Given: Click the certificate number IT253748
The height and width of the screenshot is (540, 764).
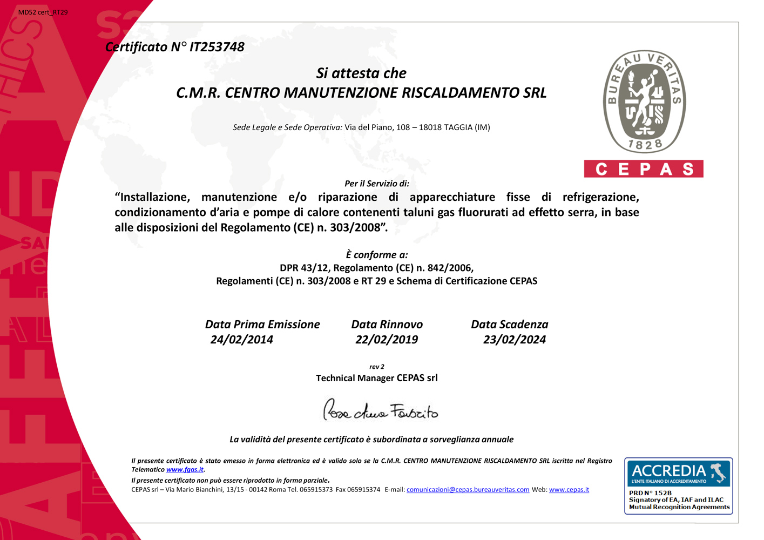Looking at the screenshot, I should pos(217,48).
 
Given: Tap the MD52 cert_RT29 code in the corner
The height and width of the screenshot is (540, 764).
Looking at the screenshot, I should pos(43,12).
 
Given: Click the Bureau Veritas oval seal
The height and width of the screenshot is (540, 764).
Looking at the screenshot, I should pos(644,102).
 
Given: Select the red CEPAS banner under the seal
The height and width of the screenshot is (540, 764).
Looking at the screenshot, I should pos(644,169).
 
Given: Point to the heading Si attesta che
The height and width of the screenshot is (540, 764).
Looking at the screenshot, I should pos(361,73).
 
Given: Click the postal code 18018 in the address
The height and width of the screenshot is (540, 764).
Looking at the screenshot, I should pos(430,127).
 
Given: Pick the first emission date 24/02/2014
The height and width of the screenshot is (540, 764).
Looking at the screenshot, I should pos(241,340).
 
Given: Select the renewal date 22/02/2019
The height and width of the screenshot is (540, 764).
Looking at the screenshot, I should pos(387,340).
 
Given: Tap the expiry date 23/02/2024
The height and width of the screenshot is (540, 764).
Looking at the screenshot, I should pos(514,340).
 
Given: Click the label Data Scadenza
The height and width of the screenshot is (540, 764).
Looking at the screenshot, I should pos(509,325).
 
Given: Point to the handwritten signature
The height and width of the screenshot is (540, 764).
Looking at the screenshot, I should pos(381,411).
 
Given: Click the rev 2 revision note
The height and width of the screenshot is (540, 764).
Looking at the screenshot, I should pos(377,367).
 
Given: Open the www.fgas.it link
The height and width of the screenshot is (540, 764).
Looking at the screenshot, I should pos(185,470).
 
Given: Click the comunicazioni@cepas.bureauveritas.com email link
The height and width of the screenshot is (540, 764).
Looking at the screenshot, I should pos(468,490).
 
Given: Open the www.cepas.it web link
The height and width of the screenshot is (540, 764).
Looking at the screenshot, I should pos(569,490).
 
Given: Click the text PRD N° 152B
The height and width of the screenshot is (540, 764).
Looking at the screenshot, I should pos(650,493).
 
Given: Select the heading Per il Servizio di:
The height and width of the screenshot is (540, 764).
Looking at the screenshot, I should pos(377,184).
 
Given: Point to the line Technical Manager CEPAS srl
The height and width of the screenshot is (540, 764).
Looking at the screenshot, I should pos(377,378).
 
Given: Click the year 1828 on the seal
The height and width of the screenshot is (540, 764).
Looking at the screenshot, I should pos(645,145).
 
